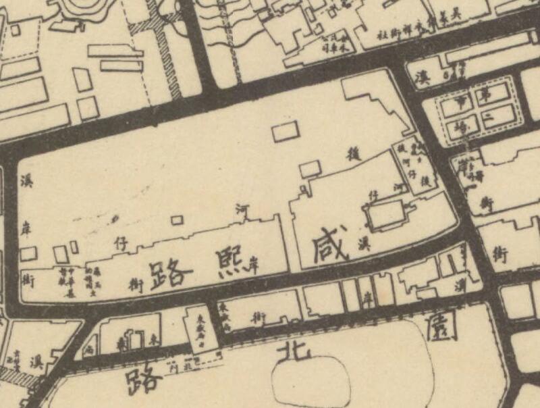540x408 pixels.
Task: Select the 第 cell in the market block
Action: (484, 96)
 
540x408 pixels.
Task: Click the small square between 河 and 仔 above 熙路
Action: (178, 220)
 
